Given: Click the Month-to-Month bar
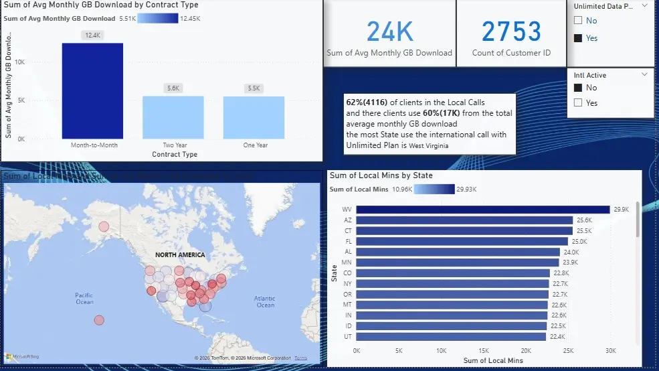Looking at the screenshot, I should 92,90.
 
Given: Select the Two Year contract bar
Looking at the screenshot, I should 173,117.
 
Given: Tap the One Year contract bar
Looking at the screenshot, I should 254,117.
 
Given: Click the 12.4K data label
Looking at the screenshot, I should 92,35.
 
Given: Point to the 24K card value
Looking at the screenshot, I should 389,31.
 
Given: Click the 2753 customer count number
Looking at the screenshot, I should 511,31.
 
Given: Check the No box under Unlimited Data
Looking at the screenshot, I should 578,21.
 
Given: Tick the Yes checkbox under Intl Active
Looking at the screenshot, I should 578,103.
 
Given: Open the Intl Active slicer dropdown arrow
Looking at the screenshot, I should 644,75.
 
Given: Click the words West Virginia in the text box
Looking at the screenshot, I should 429,145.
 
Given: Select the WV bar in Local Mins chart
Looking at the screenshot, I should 482,210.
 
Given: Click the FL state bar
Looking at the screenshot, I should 462,241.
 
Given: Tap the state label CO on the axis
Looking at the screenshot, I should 347,273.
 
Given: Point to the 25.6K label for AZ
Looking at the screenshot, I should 585,220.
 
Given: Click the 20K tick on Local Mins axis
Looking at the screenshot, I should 526,350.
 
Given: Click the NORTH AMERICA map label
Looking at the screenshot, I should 180,255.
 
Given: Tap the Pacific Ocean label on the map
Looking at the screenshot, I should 84,299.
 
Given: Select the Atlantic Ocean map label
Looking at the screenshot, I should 265,301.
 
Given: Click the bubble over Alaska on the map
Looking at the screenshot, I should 104,226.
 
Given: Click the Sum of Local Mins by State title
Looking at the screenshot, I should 381,175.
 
